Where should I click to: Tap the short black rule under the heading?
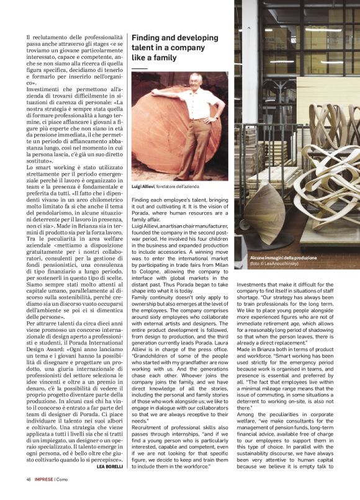(140, 69)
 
